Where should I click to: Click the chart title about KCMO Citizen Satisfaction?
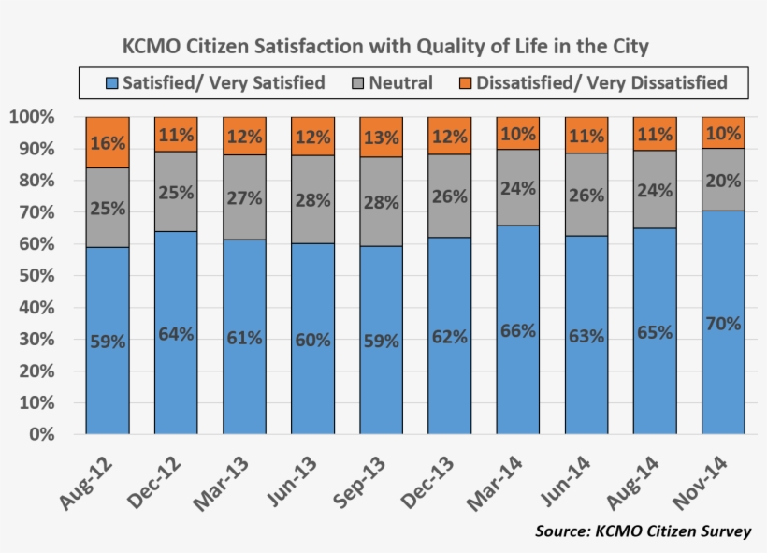pyautogui.click(x=385, y=46)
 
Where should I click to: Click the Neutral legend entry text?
pyautogui.click(x=400, y=83)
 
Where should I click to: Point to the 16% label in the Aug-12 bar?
pyautogui.click(x=108, y=143)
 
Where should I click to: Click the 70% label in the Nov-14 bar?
pyautogui.click(x=723, y=325)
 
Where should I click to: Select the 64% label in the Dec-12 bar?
pyautogui.click(x=176, y=333)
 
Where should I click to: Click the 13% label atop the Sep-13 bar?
pyautogui.click(x=381, y=138)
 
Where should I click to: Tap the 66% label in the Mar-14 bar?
pyautogui.click(x=517, y=330)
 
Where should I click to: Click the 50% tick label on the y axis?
pyautogui.click(x=35, y=276)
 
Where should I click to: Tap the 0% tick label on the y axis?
pyautogui.click(x=41, y=435)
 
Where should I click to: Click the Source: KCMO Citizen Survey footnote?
pyautogui.click(x=643, y=531)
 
